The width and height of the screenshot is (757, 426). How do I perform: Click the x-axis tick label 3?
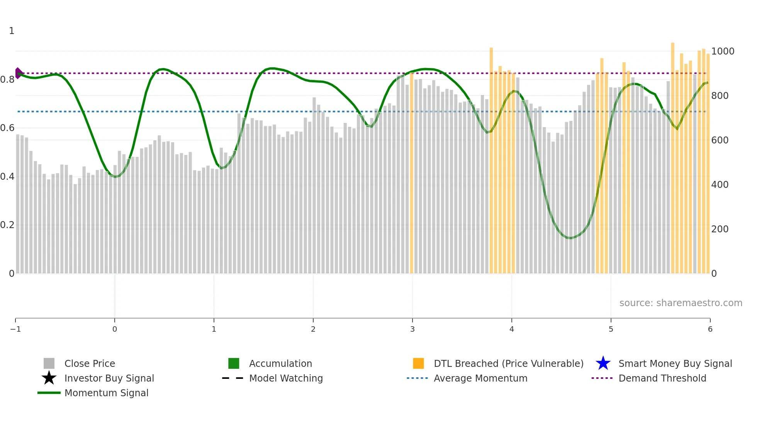(412, 329)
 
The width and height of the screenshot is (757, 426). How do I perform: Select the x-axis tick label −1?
(15, 329)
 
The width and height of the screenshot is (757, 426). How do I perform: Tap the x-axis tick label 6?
(710, 329)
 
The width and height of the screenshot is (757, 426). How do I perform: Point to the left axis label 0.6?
(7, 128)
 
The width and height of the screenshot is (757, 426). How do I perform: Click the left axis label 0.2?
(7, 225)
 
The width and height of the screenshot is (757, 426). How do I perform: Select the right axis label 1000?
(723, 51)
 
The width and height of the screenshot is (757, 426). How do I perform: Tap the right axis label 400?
(720, 185)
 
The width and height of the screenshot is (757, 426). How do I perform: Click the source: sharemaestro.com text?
(681, 303)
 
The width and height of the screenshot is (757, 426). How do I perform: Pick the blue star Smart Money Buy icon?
(603, 363)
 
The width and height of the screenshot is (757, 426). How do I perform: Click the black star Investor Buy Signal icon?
(49, 378)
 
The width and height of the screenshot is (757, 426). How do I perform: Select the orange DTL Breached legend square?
(418, 363)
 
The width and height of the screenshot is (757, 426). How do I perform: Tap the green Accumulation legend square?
(234, 363)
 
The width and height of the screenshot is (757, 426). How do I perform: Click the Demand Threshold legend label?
(662, 378)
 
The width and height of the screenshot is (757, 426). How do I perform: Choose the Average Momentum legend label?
(480, 378)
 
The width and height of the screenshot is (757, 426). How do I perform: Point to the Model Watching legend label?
(286, 378)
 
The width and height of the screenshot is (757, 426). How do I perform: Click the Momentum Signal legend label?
(106, 393)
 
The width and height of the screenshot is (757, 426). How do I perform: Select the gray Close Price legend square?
(49, 363)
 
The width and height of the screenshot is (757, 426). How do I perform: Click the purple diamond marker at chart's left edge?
(18, 73)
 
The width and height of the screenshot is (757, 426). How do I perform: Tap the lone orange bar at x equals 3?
(411, 174)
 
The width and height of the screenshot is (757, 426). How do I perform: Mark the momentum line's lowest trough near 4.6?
(570, 238)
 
